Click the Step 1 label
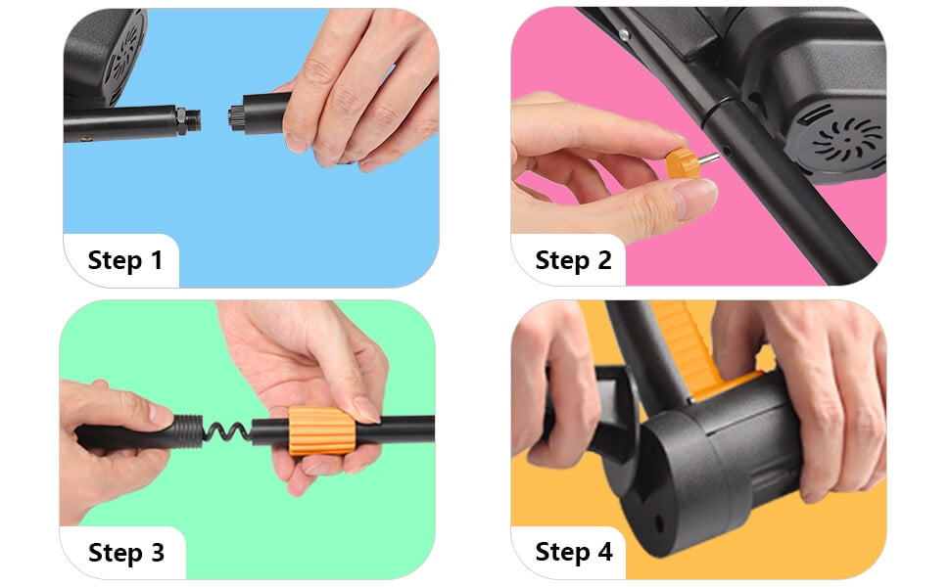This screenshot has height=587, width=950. point(124,260)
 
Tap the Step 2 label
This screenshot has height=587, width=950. point(573,260)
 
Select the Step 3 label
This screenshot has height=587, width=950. point(126,553)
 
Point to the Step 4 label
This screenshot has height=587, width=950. point(574,552)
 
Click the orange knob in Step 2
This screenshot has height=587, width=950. point(683,164)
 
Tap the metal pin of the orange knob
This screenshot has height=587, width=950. point(709,159)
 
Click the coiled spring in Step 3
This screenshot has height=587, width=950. point(226,431)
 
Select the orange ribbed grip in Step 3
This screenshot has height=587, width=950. point(321,430)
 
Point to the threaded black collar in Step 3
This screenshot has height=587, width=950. point(185,431)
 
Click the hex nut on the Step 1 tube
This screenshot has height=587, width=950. point(181,121)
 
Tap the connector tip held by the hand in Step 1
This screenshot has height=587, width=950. point(236,115)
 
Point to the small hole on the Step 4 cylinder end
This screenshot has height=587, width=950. point(658,522)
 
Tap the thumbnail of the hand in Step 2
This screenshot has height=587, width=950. point(695,198)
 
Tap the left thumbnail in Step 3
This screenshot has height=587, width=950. point(161,415)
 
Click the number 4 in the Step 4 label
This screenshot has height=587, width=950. point(604,552)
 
